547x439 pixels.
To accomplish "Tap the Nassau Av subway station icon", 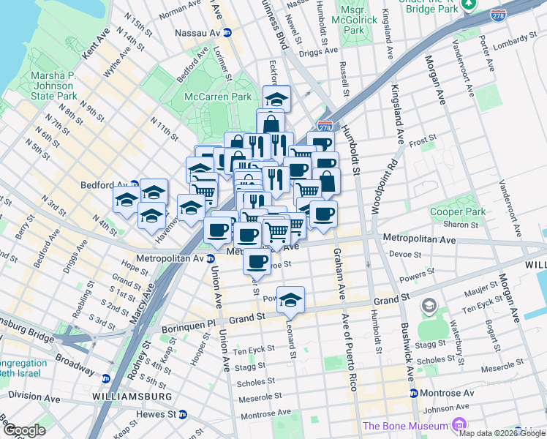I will click(227, 33).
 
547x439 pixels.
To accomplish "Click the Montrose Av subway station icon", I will click(414, 393).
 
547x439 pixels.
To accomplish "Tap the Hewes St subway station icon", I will click(183, 414).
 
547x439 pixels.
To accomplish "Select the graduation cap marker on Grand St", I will click(290, 299).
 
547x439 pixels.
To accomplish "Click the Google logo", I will click(25, 429).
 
